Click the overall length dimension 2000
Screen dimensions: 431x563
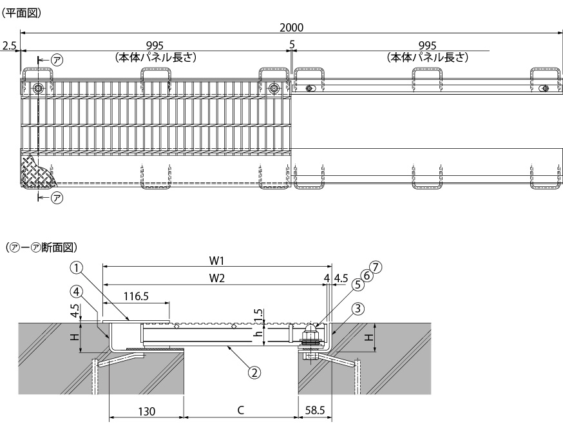coord(292,28)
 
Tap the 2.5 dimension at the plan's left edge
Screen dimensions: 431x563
coord(9,46)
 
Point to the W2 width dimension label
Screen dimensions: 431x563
coord(217,278)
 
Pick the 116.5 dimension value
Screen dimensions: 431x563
coord(137,297)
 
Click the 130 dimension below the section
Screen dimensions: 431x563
coord(148,411)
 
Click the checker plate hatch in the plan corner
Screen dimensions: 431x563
coord(35,172)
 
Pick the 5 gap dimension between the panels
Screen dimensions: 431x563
coord(292,46)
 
